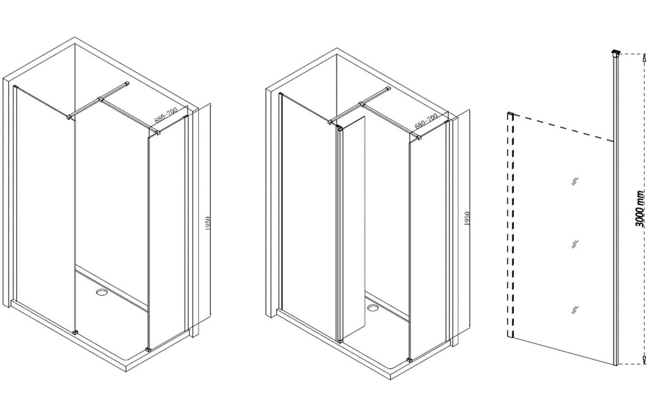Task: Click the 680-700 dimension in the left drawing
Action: [166, 115]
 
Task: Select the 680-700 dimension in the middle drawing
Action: [426, 121]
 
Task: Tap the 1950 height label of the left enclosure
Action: [208, 223]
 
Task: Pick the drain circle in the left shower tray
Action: [102, 291]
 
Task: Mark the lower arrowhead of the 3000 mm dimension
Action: [639, 362]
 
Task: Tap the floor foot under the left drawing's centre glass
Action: [76, 332]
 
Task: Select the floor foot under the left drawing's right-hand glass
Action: [148, 349]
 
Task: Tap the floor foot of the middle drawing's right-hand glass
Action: [410, 359]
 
